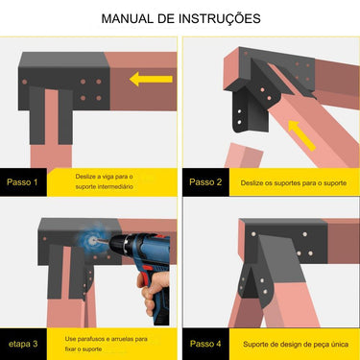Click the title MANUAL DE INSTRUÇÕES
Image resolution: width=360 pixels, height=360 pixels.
click(180, 18)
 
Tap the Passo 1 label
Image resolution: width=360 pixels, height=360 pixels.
click(22, 180)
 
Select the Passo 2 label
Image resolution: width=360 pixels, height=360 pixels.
click(205, 180)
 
